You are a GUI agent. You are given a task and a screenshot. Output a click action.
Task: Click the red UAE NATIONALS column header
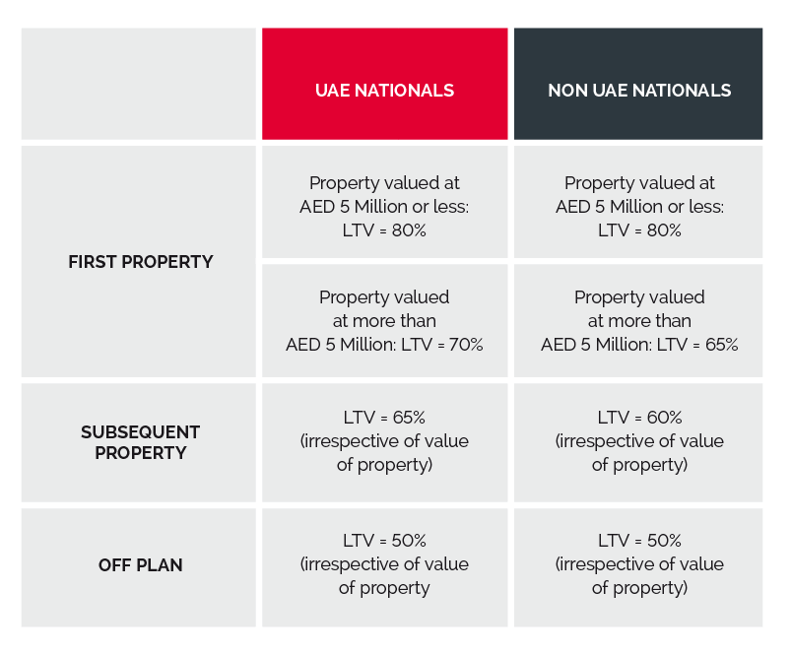(x=384, y=91)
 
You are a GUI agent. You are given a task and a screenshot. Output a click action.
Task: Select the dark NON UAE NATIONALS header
(x=638, y=91)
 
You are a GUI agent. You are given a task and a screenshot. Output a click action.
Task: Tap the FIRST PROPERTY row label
(x=140, y=262)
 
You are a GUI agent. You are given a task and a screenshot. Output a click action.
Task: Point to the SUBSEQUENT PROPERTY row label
(x=140, y=442)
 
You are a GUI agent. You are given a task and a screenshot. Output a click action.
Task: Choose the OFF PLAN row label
(x=140, y=565)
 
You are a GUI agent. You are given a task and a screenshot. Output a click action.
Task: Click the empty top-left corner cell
(x=139, y=84)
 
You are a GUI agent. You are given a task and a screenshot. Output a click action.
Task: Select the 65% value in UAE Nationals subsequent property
(x=406, y=417)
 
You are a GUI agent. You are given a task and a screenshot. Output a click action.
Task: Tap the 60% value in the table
(x=661, y=417)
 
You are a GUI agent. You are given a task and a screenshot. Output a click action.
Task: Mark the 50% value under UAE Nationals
(x=406, y=541)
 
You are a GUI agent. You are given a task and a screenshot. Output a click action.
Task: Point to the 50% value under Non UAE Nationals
(x=661, y=541)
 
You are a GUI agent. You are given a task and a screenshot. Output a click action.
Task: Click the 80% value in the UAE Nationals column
(x=406, y=230)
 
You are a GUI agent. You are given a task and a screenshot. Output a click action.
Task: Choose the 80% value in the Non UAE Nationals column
(x=661, y=230)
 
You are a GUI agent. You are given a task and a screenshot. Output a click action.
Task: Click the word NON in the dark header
(x=566, y=91)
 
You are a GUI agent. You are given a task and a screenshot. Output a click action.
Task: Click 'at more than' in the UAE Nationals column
(x=384, y=321)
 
